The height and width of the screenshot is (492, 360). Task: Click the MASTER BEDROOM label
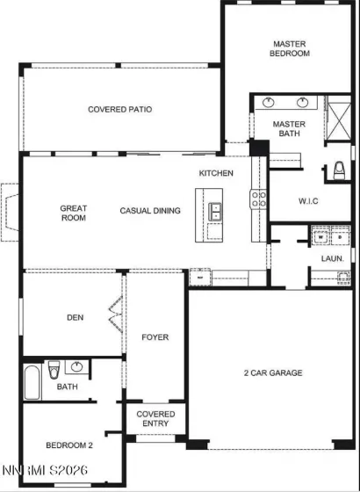coord(290,48)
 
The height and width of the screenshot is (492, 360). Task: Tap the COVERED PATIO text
coord(119,110)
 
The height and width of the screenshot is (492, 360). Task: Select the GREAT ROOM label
coord(73,213)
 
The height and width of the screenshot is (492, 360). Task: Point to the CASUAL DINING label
coord(150,211)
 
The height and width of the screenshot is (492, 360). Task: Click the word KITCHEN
coord(216,173)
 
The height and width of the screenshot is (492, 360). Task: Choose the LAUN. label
coord(331,259)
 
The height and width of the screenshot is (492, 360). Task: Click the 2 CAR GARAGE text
coord(272,373)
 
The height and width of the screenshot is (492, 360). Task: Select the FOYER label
coord(155,337)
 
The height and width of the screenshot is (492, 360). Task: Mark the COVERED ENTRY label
coord(155,420)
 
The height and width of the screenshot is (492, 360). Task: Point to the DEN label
coord(75,318)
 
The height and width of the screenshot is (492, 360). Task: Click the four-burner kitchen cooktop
coord(258,200)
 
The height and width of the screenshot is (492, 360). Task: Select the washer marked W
coord(320,237)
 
